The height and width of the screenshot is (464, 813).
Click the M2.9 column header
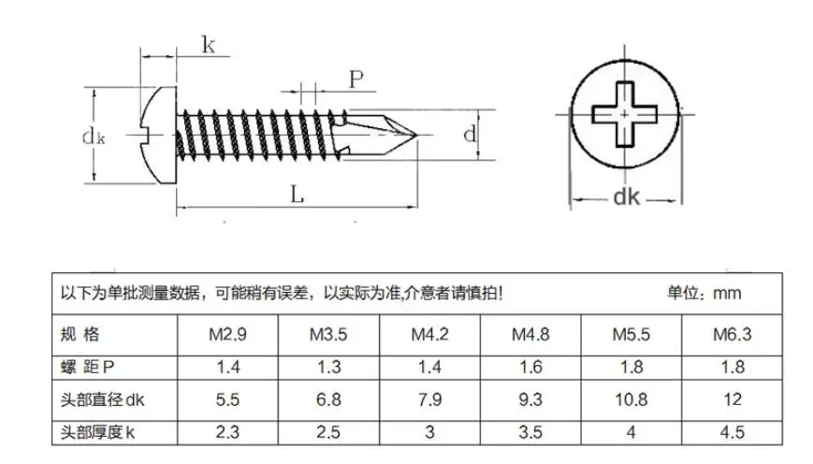coord(227,334)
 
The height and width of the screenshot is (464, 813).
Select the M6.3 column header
coord(733,334)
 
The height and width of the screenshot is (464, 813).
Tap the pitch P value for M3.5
coord(328,367)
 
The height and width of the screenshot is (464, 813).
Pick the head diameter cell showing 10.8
coord(631,399)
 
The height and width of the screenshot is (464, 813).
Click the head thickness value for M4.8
coord(530,432)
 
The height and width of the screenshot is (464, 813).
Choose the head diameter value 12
coord(733,399)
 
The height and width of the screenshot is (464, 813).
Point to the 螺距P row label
coord(87,367)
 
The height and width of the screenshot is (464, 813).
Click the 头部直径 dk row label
coord(102,399)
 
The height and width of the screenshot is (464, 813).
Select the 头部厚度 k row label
coord(97,432)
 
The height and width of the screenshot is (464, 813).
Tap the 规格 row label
coord(80,334)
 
